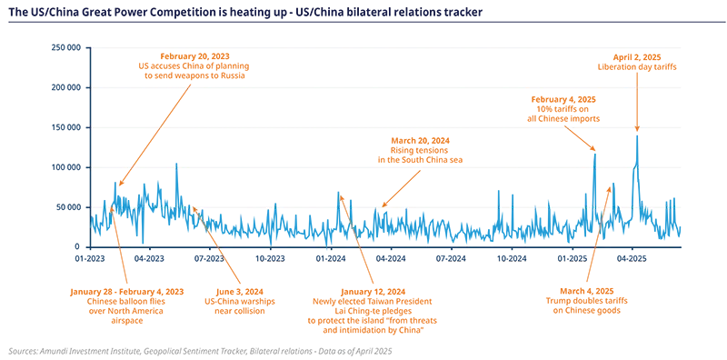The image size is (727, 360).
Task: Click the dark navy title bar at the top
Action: click(363, 18)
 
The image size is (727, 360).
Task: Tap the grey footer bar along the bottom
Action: click(363, 349)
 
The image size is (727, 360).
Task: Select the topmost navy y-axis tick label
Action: click(68, 47)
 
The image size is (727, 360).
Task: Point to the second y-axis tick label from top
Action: click(68, 87)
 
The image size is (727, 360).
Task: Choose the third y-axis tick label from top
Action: click(68, 127)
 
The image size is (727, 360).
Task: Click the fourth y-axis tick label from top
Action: click(68, 167)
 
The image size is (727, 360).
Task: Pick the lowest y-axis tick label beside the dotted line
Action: click(68, 207)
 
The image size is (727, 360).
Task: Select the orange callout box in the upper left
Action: click(195, 66)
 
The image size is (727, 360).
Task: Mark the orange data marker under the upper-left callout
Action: click(188, 87)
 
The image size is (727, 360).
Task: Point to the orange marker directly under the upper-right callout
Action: click(637, 85)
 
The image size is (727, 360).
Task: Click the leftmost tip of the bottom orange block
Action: click(68, 291)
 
